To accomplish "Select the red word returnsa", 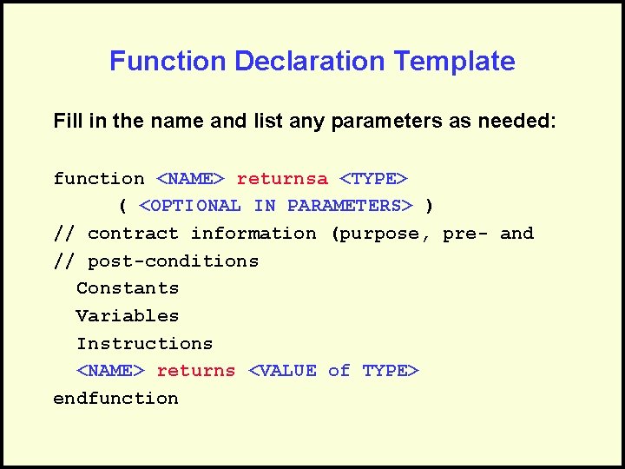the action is click(x=282, y=179).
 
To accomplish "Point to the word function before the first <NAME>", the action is click(x=99, y=179).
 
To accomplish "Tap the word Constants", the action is click(x=128, y=288).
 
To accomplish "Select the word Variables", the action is click(x=128, y=316).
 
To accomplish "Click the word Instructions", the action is click(x=144, y=344).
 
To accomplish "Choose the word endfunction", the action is click(x=115, y=399).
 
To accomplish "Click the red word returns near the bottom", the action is click(x=195, y=371).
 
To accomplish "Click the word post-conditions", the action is click(x=173, y=261).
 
